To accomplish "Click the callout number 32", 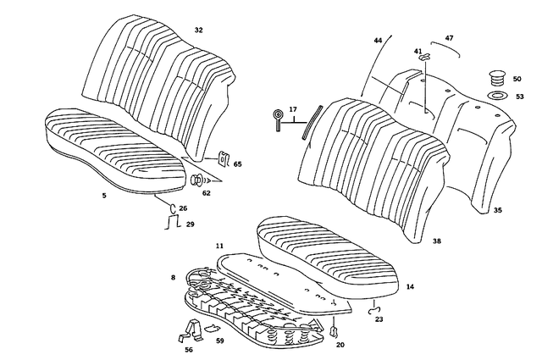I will click(198, 30).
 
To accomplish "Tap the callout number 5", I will click(103, 196).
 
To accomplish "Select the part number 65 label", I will click(237, 163).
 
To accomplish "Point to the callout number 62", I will click(206, 193).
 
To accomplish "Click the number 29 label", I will click(190, 224).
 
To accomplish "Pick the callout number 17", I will click(293, 109).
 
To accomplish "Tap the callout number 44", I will click(378, 41).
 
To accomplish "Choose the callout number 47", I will click(449, 39).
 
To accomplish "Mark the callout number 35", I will click(497, 208).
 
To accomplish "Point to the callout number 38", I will click(436, 241).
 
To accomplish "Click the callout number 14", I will click(410, 288).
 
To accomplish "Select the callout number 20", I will click(340, 345).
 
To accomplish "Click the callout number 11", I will click(218, 246).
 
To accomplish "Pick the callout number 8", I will click(173, 277).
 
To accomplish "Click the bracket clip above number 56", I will click(189, 329).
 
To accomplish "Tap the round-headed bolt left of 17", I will click(277, 118).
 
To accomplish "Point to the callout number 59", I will click(219, 341).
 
